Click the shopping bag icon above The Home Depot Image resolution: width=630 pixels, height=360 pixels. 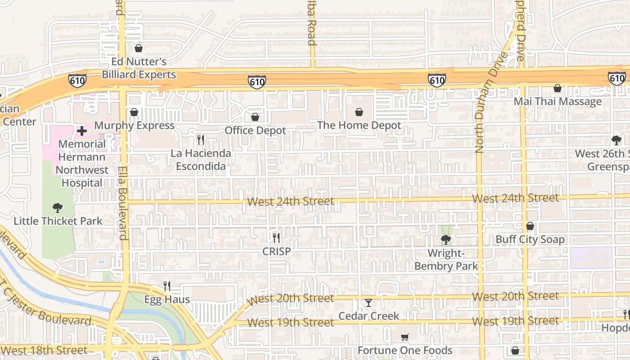click(359, 112)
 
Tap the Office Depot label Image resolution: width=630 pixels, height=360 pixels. click(255, 130)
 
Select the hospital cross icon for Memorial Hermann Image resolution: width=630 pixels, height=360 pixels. click(82, 131)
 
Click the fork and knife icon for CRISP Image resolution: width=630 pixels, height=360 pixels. click(276, 238)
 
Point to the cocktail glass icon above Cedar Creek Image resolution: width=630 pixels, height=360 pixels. click(369, 303)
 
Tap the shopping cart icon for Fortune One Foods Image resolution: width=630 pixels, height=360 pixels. click(405, 337)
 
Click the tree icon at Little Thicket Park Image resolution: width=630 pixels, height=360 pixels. click(57, 208)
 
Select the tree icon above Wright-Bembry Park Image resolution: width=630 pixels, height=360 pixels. click(445, 240)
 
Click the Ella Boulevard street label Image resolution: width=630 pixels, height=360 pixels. click(122, 203)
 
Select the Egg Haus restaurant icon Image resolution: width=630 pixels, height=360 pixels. click(167, 286)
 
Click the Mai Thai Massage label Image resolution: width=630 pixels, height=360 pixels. click(558, 101)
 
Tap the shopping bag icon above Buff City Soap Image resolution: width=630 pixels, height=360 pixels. click(530, 226)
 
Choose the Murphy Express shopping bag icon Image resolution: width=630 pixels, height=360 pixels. click(134, 112)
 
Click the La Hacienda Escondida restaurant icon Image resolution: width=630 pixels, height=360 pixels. click(201, 140)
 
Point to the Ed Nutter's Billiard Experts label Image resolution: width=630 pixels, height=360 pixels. click(139, 68)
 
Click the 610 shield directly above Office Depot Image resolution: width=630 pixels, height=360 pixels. click(256, 82)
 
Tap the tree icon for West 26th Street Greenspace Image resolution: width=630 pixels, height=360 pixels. click(616, 140)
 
